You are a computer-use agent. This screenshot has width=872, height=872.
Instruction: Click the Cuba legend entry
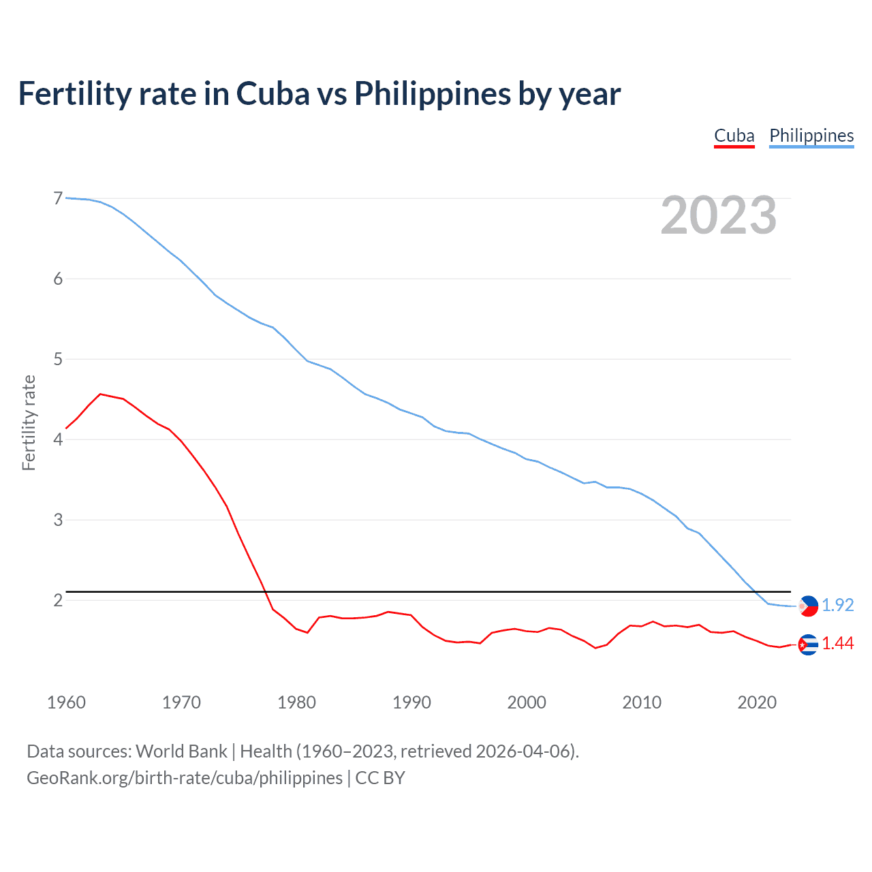(x=734, y=136)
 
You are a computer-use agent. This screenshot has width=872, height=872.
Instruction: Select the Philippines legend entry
(x=811, y=136)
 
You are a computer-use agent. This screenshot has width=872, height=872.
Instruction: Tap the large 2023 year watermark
(x=718, y=215)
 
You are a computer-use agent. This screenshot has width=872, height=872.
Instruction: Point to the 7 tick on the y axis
(x=58, y=198)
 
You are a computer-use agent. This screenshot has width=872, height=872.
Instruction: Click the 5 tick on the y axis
(x=58, y=359)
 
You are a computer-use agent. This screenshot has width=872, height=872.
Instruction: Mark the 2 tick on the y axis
(x=58, y=600)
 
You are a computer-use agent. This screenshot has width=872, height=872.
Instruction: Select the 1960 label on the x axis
(x=66, y=702)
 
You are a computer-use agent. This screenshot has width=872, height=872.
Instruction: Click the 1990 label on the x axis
(x=411, y=702)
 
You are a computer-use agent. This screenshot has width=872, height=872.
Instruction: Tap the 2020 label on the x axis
(x=757, y=702)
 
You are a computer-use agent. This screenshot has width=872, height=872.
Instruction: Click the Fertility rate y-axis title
(x=29, y=422)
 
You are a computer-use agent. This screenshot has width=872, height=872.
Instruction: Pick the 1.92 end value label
(x=837, y=605)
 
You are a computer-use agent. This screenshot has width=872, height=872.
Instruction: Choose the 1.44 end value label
(x=837, y=643)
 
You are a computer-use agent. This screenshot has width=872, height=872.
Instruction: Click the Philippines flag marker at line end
(x=809, y=606)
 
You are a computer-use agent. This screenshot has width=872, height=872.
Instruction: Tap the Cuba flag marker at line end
(x=808, y=644)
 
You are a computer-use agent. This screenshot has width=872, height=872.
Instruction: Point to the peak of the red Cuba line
(x=100, y=394)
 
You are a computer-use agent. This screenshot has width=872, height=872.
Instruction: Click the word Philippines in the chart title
(x=432, y=93)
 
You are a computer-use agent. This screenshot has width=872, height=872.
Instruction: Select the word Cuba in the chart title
(x=272, y=93)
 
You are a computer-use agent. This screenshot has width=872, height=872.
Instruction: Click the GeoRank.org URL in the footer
(x=184, y=778)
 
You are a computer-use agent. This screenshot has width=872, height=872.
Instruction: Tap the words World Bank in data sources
(x=181, y=751)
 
